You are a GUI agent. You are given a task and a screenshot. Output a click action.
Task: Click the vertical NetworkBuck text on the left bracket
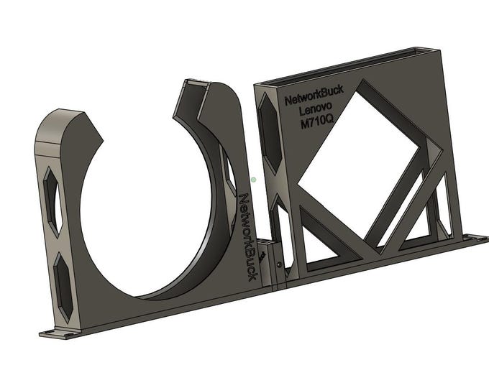248,236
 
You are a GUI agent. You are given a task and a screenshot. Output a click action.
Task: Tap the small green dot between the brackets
254,180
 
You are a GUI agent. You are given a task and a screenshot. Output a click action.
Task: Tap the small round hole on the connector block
279,264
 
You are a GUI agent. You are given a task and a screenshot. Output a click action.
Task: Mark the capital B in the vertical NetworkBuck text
251,254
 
